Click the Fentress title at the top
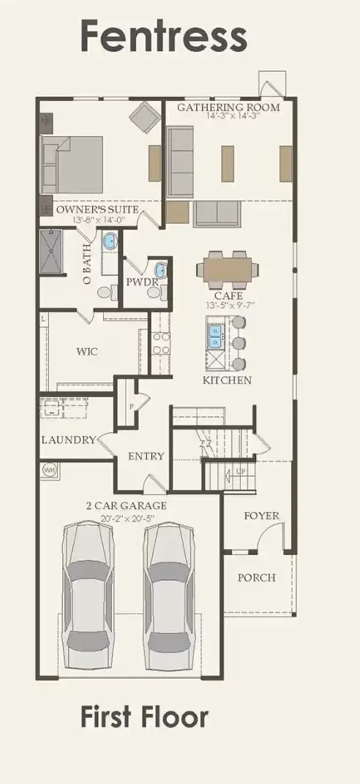(x=163, y=36)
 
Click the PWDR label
(x=139, y=280)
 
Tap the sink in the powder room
(x=160, y=271)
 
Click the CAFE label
(x=228, y=296)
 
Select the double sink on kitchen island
(x=216, y=336)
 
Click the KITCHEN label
(x=227, y=380)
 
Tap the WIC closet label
(x=87, y=351)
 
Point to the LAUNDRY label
(x=68, y=440)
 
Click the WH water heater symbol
(x=50, y=469)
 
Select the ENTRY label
(x=146, y=456)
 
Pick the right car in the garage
(x=170, y=596)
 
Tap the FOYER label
(x=261, y=516)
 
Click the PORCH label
(x=257, y=577)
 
